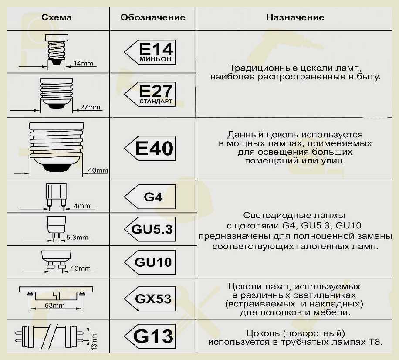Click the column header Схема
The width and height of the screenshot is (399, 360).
(57, 17)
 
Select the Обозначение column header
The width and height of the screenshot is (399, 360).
(153, 17)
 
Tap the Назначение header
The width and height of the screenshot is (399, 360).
(295, 17)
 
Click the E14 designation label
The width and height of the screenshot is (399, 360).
(150, 52)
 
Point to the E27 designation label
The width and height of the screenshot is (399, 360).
(150, 94)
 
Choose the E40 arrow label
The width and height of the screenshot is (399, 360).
(150, 149)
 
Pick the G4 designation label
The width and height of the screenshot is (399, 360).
(150, 197)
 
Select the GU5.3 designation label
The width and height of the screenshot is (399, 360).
(150, 229)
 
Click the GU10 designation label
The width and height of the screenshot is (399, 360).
(150, 262)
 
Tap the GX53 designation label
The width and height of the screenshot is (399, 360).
(150, 299)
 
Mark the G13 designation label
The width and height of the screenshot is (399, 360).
(150, 336)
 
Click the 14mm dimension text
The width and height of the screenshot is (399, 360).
(83, 63)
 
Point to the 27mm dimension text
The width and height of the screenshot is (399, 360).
(90, 107)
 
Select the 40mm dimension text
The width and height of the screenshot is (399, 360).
(98, 170)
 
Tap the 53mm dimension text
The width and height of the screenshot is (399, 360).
(55, 305)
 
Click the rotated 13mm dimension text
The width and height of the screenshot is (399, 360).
(94, 342)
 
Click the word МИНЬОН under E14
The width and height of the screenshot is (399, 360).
(155, 59)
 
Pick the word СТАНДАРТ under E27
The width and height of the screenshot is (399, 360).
(156, 102)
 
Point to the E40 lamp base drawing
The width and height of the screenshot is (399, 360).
(56, 147)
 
